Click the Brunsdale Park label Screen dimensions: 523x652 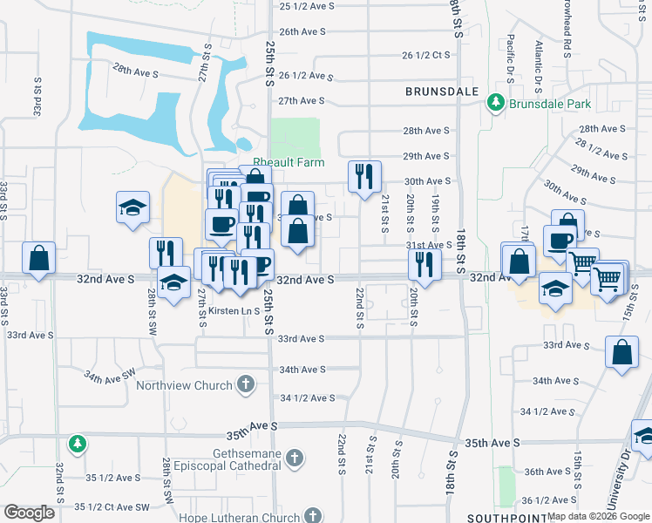click(550, 104)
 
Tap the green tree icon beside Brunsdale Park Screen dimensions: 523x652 click(496, 103)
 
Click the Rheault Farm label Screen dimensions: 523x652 click(289, 162)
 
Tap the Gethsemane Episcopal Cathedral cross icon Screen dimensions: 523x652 click(295, 457)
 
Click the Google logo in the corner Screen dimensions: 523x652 click(29, 513)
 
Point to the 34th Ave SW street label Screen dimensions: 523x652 click(110, 375)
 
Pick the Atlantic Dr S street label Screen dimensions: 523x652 click(540, 58)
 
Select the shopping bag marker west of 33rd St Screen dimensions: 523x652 click(38, 258)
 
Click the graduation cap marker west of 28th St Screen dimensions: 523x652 click(132, 207)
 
